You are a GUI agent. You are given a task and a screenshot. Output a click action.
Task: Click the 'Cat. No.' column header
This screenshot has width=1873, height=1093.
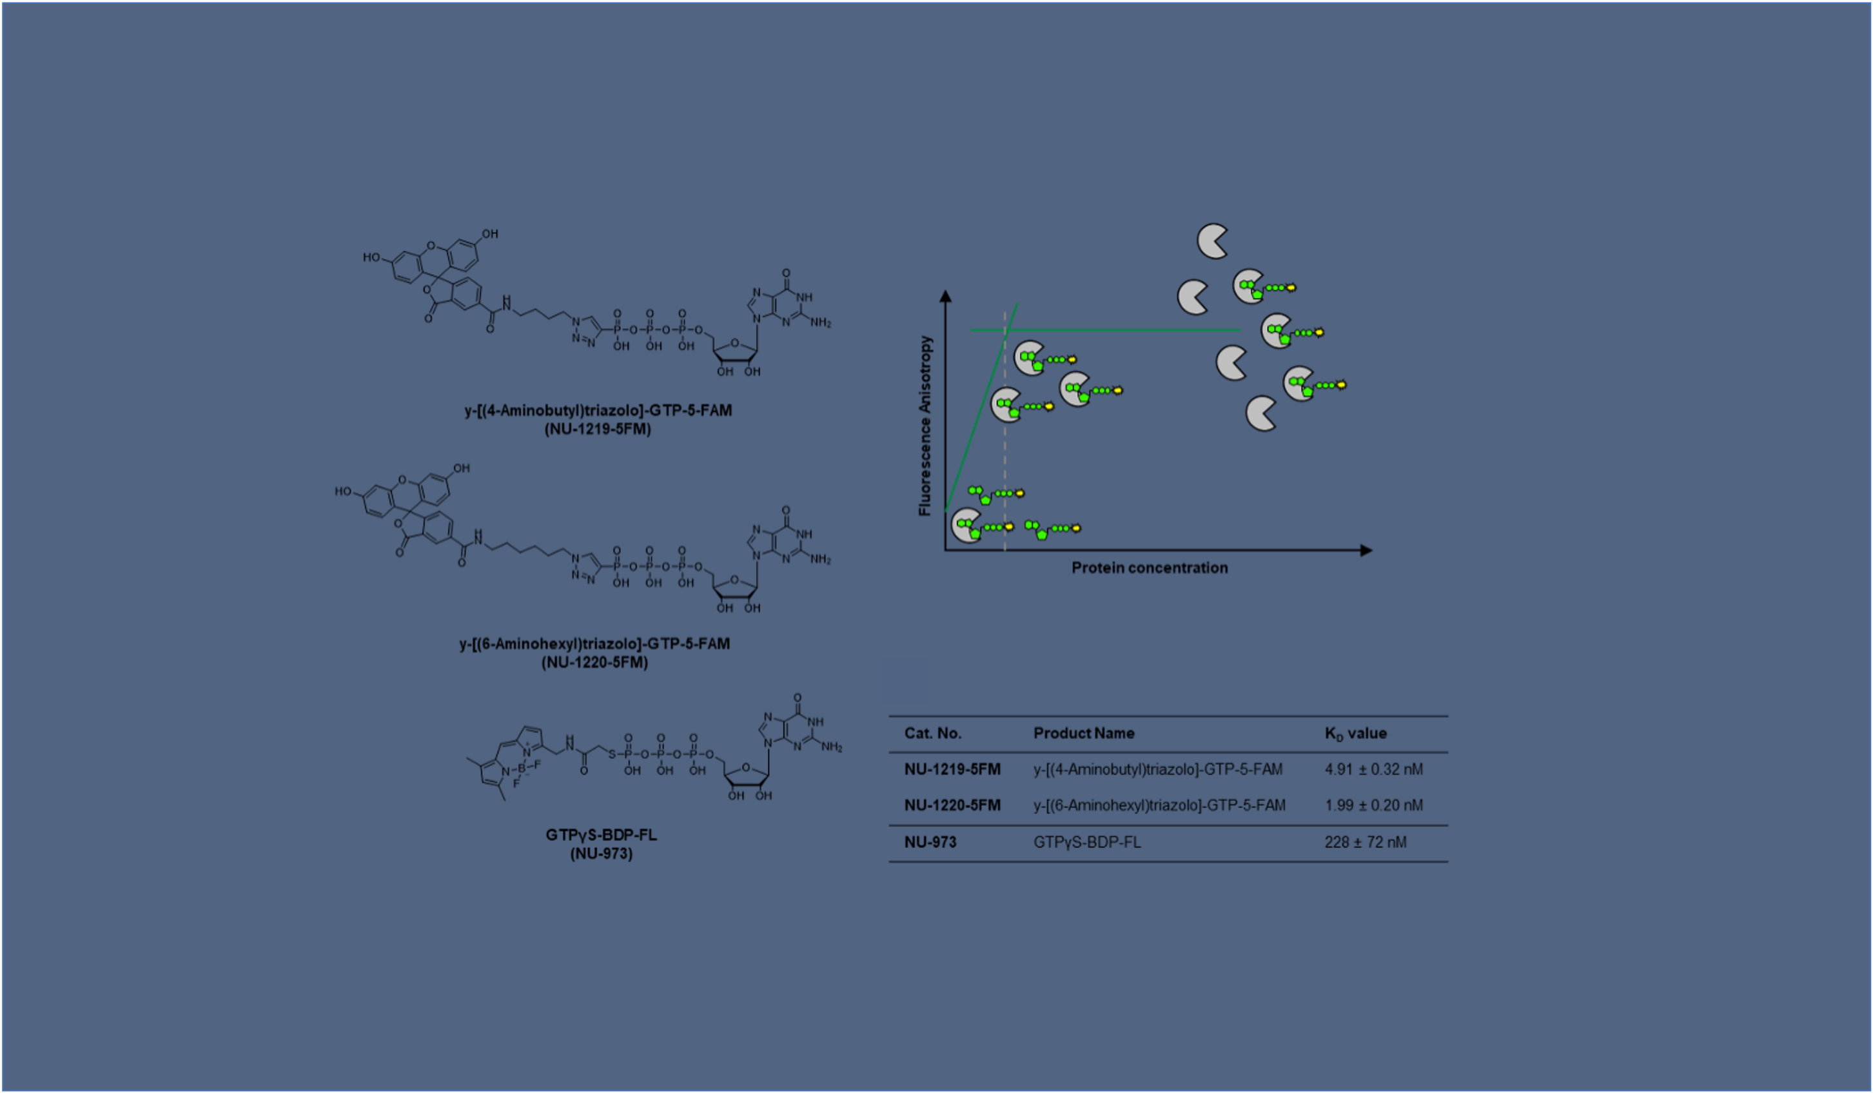(x=933, y=733)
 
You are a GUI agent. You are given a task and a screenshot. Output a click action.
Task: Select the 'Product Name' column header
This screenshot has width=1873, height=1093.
(x=1084, y=733)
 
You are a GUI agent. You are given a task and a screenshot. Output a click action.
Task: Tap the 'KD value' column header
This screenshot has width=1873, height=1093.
(x=1356, y=734)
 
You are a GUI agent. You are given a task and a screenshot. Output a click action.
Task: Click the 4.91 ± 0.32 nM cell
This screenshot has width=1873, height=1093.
(x=1373, y=769)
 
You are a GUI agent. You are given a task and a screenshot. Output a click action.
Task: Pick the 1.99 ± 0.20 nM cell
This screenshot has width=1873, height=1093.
(x=1373, y=805)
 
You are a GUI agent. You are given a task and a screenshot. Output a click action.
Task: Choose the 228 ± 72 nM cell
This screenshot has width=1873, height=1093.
(x=1366, y=842)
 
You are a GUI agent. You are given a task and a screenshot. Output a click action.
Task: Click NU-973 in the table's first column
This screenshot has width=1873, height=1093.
(x=930, y=842)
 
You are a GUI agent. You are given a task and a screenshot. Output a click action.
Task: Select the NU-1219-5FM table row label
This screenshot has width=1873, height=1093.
(x=952, y=769)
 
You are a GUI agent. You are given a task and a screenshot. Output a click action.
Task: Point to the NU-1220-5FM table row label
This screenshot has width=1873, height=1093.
(x=952, y=805)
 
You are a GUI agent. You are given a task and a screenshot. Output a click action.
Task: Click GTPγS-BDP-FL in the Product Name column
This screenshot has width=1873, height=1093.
(x=1086, y=842)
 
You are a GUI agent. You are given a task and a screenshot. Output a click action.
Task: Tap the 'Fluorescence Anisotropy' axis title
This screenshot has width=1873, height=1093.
(x=925, y=426)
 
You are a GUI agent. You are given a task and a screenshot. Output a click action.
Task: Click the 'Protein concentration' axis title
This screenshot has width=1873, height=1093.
(x=1150, y=568)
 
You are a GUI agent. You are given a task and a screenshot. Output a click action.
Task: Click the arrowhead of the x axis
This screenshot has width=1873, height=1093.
(x=1366, y=550)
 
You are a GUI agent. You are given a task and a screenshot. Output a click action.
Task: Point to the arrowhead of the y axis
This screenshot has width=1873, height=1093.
(x=945, y=296)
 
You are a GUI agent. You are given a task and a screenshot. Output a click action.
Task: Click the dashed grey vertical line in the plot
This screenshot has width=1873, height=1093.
(x=1005, y=431)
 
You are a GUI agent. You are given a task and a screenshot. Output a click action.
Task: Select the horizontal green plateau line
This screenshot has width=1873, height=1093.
(x=1105, y=330)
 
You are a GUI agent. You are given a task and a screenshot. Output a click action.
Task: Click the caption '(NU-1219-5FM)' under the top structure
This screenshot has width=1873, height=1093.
(x=598, y=429)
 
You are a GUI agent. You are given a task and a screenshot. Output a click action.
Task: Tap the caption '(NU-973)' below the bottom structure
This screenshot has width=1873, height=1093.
(x=602, y=854)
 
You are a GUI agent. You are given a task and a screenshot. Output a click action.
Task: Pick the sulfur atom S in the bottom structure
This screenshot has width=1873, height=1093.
(x=612, y=754)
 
